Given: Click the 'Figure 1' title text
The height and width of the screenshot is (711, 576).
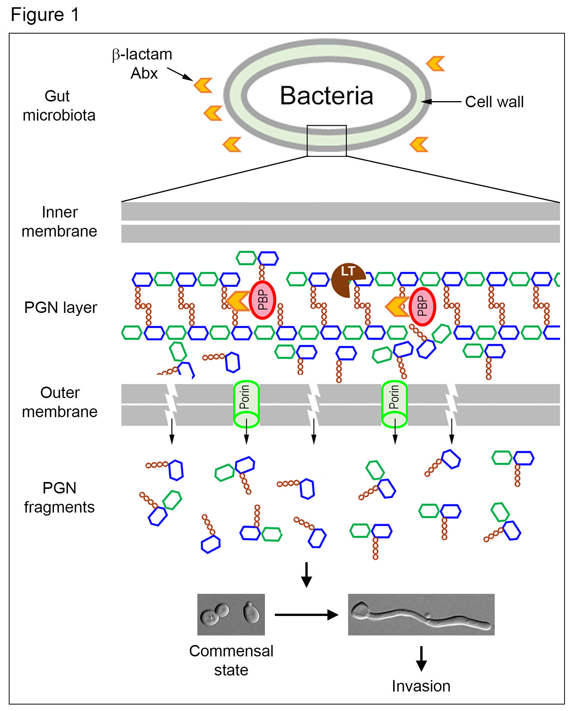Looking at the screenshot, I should tap(45, 15).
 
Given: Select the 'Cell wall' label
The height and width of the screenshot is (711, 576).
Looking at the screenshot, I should tap(494, 102).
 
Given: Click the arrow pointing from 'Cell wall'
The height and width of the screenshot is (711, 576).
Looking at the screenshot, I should tap(441, 102).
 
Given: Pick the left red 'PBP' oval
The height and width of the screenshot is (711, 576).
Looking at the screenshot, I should tap(262, 300).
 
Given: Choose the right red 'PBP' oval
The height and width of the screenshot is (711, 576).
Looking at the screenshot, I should tap(422, 306).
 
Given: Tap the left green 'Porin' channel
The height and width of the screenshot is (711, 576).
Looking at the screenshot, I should tap(246, 403).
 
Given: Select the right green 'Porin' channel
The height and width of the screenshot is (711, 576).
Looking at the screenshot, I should tap(395, 403).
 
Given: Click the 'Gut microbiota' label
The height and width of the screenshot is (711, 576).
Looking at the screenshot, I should tap(59, 106).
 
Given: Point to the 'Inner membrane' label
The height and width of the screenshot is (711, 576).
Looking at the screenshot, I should tap(60, 222).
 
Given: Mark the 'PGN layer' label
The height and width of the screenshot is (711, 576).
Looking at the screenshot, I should tap(61, 308).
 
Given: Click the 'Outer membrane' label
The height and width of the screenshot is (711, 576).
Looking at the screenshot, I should tap(60, 402).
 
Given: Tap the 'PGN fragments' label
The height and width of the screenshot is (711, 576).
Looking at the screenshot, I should tap(60, 498).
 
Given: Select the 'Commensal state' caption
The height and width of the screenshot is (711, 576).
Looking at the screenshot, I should tap(231, 660).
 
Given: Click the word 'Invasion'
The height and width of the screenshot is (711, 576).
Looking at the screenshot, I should tap(421, 686).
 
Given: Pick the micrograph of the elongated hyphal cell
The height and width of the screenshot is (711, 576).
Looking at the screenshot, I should tap(421, 614).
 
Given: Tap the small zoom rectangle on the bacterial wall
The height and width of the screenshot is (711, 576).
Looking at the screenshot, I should tap(327, 140).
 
